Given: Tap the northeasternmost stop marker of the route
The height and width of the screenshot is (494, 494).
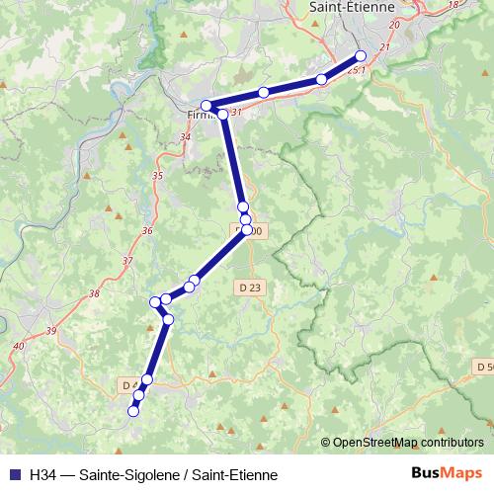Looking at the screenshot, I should coord(361,55).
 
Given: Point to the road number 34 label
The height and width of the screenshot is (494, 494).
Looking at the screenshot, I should coord(187,136).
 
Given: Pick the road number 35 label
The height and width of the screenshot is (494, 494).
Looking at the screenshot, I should coord(157,175).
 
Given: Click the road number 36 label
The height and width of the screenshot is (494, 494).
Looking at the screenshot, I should coord(147,230).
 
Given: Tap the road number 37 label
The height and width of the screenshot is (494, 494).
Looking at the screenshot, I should coord(125,261).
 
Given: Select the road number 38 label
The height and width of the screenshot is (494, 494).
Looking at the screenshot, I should coord(94,293).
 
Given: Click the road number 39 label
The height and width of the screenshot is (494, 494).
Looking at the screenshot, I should coord(50,330).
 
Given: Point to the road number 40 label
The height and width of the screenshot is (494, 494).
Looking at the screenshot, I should coord(20,346).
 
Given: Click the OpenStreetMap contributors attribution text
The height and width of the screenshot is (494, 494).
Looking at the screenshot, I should coord(407,443).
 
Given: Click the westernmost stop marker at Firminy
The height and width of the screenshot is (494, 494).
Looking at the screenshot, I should coord(206,106).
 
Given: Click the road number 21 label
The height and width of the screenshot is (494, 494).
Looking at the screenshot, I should coord(384,47).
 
